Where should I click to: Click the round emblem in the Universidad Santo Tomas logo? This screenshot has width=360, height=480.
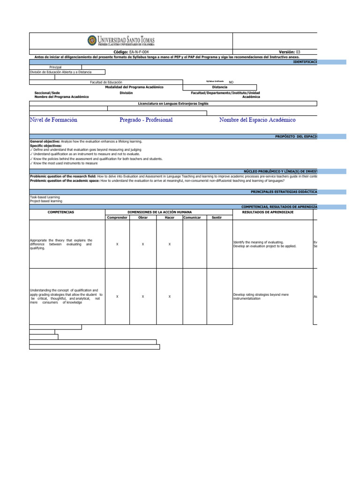92,41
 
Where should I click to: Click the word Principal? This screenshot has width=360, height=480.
55,67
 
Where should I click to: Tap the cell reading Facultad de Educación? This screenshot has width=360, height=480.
105,82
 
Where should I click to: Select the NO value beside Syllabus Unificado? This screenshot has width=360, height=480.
231,82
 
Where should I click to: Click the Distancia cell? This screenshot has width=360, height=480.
219,87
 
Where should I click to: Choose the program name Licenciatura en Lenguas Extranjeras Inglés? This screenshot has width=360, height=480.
173,103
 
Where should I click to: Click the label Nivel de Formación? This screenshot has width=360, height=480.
53,120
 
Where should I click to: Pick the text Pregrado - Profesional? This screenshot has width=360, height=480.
146,120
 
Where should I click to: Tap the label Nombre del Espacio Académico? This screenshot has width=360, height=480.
257,120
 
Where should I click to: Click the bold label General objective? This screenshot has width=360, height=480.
45,141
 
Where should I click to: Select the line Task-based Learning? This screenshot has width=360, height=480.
45,197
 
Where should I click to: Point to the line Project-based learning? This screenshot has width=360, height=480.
45,201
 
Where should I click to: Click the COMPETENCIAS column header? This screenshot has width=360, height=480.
61,212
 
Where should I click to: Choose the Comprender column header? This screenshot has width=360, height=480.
117,218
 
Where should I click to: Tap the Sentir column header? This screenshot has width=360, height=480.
217,218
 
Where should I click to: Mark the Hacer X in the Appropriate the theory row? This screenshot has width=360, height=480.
170,244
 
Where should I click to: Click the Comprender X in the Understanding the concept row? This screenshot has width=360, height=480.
117,297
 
